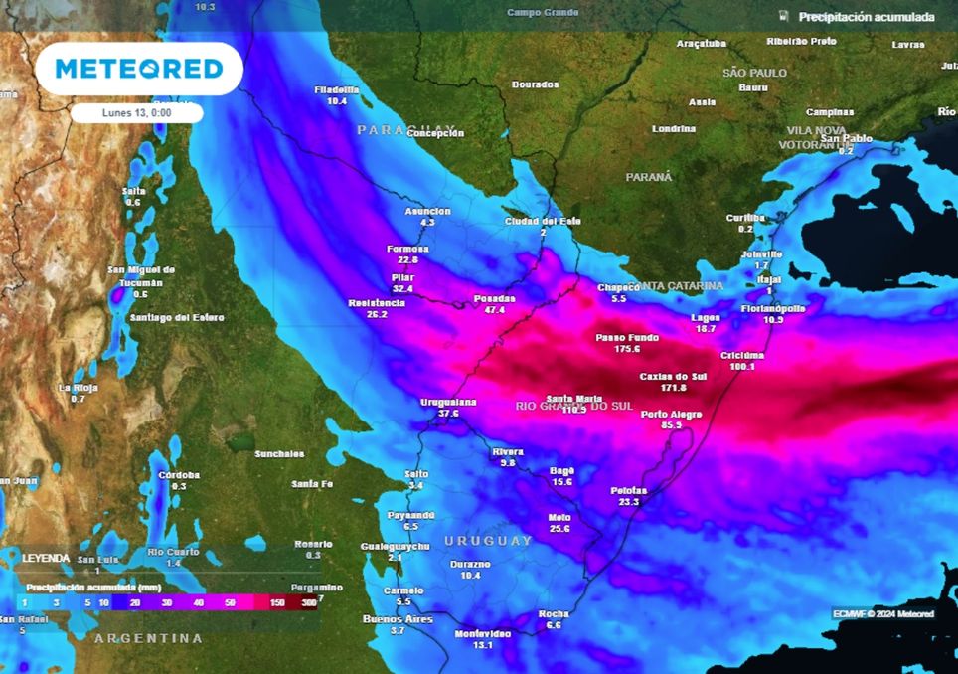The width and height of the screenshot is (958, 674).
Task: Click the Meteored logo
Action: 138,69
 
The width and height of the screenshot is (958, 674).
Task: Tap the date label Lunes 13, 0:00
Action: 136,113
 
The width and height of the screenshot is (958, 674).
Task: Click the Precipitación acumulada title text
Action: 866,18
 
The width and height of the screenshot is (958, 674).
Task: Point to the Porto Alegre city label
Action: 672,414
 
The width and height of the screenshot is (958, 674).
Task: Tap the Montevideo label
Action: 482,633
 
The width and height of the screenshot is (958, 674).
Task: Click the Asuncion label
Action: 427,211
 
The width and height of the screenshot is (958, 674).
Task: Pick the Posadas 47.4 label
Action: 495,303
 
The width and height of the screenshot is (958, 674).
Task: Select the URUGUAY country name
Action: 488,541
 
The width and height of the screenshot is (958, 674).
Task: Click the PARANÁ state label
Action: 648,177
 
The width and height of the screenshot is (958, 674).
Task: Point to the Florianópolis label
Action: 773,308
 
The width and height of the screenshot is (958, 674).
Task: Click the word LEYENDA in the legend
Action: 46,559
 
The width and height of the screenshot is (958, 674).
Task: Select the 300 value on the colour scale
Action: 310,602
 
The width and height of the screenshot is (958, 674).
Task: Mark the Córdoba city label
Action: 179,475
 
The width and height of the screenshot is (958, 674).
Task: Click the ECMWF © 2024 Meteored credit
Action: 882,614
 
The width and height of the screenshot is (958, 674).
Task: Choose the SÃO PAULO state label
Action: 754,74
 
